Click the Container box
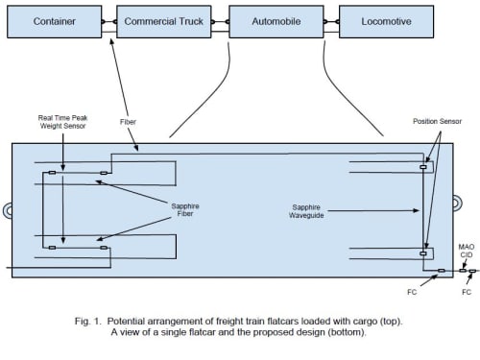(55, 21)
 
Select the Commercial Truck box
(164, 21)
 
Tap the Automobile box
(276, 21)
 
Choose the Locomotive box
(387, 21)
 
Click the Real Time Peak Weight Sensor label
(63, 122)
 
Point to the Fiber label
(128, 122)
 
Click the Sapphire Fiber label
(185, 209)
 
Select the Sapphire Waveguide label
(306, 211)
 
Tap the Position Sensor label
(437, 121)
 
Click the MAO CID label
(467, 251)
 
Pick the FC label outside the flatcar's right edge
(467, 292)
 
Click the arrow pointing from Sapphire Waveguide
(373, 210)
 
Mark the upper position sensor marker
(423, 167)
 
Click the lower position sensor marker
(423, 253)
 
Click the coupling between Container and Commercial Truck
(109, 22)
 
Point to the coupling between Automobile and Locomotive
(331, 22)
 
